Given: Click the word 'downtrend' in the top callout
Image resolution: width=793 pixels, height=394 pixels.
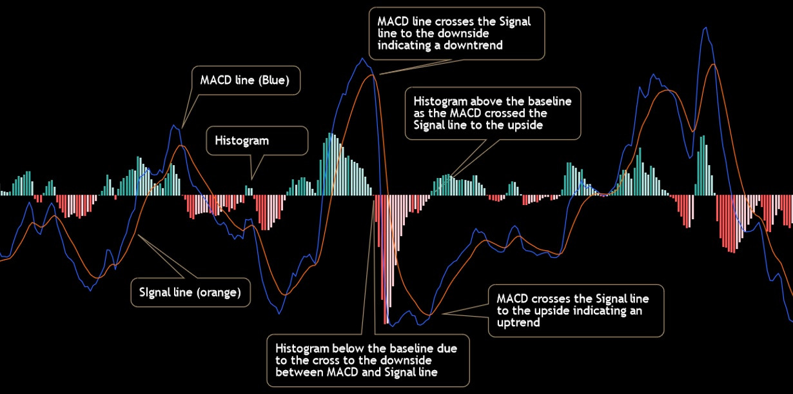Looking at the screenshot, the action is click(x=473, y=45).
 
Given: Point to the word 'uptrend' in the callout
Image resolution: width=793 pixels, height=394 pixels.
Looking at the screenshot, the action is click(x=518, y=322).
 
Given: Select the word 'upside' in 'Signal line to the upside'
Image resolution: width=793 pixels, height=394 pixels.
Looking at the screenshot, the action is click(x=525, y=125).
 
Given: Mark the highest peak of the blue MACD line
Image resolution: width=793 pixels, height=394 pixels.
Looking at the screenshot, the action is click(x=705, y=28).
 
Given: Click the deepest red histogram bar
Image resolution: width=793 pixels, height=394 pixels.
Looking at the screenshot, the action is click(x=385, y=259).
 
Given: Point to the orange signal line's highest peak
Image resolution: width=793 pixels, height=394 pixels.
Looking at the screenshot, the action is click(x=713, y=64).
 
